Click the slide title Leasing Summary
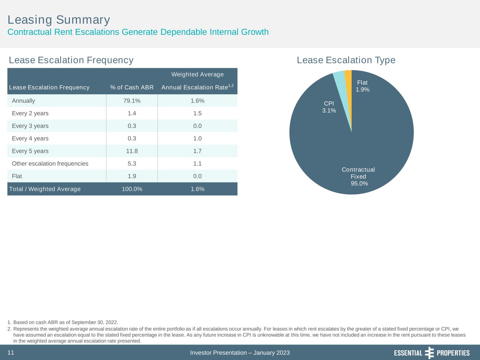[59, 20]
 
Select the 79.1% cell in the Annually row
[132, 101]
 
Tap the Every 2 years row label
[30, 114]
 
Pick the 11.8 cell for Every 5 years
[132, 151]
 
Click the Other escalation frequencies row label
[50, 164]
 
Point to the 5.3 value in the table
[132, 164]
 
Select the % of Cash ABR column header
[132, 88]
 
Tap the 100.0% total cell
[132, 189]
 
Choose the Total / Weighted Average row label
[45, 189]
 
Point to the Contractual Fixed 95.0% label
[358, 176]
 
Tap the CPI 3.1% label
[329, 107]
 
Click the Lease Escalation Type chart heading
[346, 60]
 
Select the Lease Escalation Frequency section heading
[71, 60]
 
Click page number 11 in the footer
[11, 353]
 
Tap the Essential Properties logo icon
[429, 353]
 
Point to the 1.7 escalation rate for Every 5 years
[197, 151]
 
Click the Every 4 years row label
[30, 139]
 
